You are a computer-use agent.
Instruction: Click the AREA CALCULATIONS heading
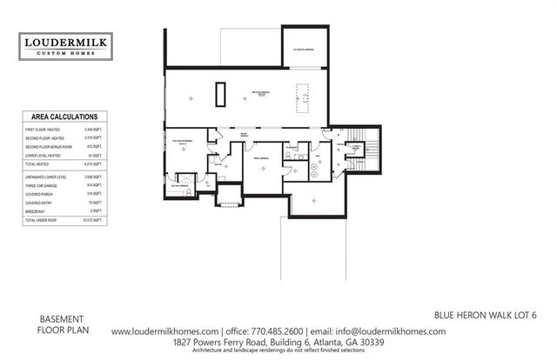tap(64, 117)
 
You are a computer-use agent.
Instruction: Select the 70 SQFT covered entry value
tap(97, 203)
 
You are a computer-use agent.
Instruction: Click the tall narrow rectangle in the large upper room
tap(221, 93)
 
